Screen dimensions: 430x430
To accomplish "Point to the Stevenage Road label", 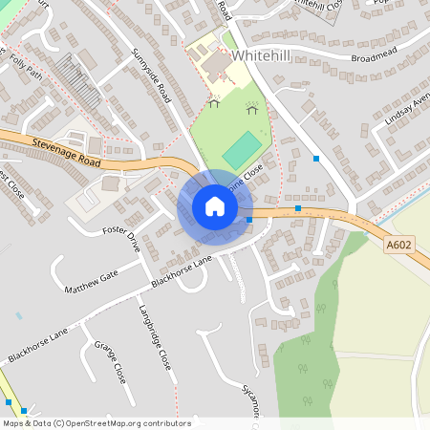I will tap(66, 152).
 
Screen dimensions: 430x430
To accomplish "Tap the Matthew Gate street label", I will tap(90, 281).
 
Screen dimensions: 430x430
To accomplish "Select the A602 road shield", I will tap(398, 246).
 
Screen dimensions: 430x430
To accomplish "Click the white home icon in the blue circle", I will tap(214, 206).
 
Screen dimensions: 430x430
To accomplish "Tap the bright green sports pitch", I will tap(243, 149).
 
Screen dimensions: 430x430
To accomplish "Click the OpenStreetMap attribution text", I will tap(96, 423).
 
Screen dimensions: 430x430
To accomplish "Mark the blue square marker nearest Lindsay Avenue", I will tap(316, 159).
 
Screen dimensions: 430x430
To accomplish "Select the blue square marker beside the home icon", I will tap(249, 220).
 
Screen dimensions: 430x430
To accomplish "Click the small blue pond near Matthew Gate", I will tap(19, 314).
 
